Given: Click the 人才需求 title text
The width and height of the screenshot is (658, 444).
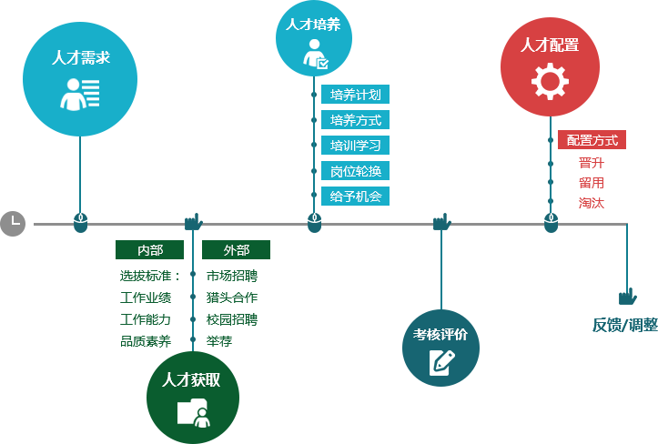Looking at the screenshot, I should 80,58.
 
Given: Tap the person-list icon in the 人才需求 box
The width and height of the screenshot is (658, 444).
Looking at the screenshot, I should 80,94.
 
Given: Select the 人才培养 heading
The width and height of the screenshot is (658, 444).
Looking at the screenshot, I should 313,25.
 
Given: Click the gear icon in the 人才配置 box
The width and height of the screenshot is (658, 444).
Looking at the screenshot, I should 550,82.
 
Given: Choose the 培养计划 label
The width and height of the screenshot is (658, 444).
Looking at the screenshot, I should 355,95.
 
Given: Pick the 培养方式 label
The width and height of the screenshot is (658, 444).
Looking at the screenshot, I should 355,120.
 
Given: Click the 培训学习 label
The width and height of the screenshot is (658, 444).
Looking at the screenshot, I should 355,145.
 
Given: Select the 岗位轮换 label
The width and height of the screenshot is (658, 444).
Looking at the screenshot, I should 355,170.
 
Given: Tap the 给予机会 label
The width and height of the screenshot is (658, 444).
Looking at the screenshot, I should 355,196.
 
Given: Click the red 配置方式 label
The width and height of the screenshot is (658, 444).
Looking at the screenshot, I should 592,140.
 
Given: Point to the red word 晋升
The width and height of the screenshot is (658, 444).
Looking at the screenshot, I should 592,163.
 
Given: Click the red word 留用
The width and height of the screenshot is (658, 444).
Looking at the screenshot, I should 592,183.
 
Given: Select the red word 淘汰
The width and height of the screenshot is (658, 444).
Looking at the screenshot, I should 592,203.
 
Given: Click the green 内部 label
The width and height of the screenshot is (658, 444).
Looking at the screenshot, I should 149,250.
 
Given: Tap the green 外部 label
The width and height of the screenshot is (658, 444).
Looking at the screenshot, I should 236,250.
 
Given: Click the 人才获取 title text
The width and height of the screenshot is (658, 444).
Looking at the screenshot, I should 191,380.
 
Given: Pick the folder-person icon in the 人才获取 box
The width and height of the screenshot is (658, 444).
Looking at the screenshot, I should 193,412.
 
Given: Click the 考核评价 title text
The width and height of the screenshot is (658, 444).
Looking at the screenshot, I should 440,334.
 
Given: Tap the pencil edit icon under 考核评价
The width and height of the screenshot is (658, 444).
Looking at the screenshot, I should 441,362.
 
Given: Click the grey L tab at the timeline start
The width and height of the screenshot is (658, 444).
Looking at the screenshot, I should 13,221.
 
